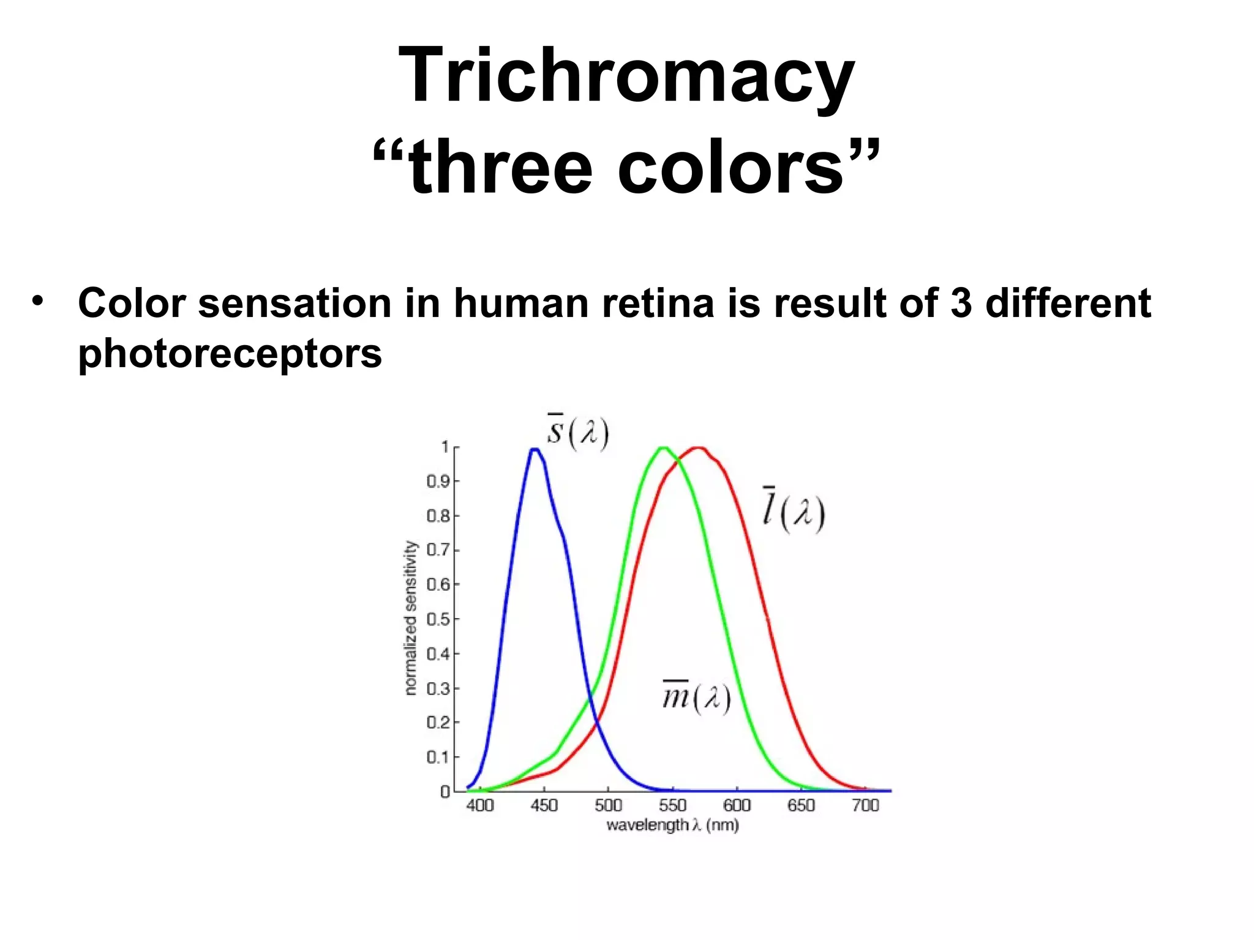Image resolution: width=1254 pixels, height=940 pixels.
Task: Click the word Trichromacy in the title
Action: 626,76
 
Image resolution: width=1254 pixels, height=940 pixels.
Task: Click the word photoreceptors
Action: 230,353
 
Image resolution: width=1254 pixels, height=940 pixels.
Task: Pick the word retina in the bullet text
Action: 658,303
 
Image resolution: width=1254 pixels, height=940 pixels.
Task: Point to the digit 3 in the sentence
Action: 961,303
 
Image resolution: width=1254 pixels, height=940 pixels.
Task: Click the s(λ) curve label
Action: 577,433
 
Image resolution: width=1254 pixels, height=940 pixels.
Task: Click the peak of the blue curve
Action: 535,450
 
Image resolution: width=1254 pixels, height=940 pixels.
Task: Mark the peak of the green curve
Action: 663,448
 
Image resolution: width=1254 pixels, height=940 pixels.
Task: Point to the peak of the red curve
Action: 699,448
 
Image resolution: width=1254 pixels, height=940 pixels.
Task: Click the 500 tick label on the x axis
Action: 608,805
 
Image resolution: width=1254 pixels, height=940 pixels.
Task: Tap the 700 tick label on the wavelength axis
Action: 865,805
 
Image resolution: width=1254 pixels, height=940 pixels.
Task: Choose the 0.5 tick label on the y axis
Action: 438,619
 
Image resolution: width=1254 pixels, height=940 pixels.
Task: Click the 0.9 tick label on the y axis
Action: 438,482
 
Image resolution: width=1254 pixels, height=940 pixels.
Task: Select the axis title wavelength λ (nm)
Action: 672,826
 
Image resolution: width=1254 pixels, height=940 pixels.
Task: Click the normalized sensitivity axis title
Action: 411,618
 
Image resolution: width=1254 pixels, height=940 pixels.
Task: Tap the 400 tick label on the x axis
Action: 479,805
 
